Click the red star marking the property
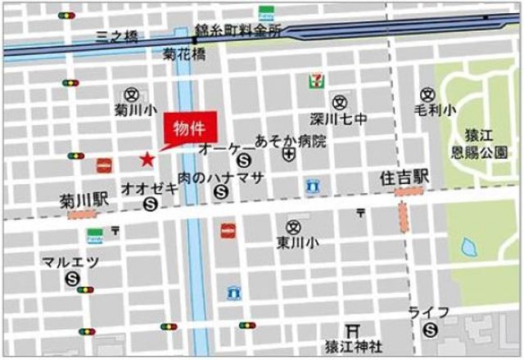[147, 158]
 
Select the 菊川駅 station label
[79, 199]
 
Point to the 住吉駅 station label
[405, 177]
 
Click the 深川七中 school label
[338, 119]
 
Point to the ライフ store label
[429, 313]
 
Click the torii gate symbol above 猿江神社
[353, 329]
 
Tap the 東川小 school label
[291, 242]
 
